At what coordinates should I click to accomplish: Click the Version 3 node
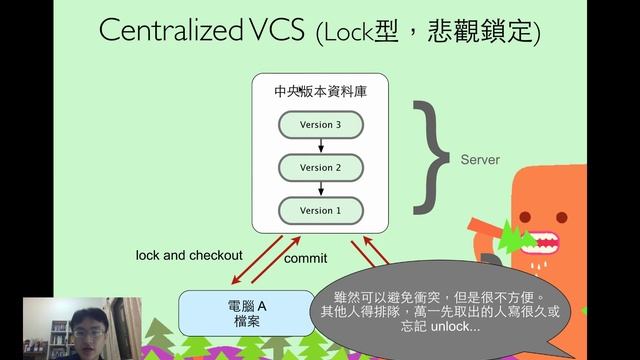[321, 124]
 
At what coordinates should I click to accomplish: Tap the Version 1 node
[321, 211]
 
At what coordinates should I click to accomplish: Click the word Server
[480, 160]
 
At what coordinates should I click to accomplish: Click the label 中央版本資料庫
[321, 91]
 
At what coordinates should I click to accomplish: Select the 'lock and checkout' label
[189, 256]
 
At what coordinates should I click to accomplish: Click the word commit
[306, 259]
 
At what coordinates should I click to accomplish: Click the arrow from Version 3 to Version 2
[321, 146]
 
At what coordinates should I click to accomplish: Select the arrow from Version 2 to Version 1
[321, 189]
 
